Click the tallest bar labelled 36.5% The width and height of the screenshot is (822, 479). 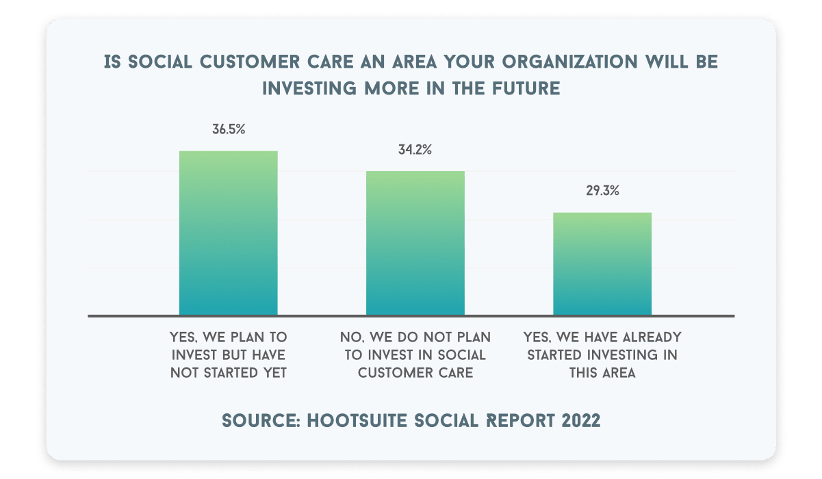pos(228,233)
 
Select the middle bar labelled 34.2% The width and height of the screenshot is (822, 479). pos(415,243)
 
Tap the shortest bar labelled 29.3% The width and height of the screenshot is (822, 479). pos(602,263)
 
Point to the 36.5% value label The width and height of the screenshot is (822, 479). pos(229,129)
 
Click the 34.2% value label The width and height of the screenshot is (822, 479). pos(415,150)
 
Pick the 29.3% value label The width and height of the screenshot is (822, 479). pos(602,191)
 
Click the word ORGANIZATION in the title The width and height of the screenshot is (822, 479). pos(569,62)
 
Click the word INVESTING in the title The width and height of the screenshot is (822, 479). pos(309,88)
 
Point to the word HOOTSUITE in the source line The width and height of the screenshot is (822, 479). pos(357,420)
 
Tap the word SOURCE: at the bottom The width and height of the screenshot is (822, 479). pos(261,420)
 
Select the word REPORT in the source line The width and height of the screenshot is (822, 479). pos(520,420)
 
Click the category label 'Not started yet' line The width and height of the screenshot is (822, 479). pos(228,373)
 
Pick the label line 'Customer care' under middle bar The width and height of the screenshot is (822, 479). pos(415,373)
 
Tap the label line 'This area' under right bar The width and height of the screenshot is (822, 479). pos(602,373)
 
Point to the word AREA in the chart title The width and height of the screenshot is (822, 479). pos(415,62)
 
